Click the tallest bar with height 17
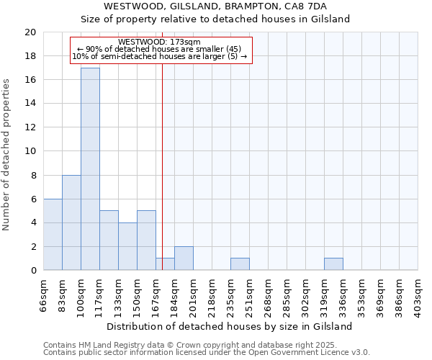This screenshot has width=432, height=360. pyautogui.click(x=90, y=169)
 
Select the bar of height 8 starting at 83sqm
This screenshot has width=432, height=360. pyautogui.click(x=71, y=222)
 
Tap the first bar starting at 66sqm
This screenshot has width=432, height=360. pyautogui.click(x=53, y=235)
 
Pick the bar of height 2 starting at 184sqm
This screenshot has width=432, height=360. pyautogui.click(x=184, y=258)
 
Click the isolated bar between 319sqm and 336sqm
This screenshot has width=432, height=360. pyautogui.click(x=333, y=264)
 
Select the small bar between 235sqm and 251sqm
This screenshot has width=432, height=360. pyautogui.click(x=240, y=264)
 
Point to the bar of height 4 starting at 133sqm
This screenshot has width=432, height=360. pyautogui.click(x=127, y=246)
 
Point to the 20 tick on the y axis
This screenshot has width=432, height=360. pyautogui.click(x=30, y=32)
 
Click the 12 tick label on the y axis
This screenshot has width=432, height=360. pyautogui.click(x=30, y=127)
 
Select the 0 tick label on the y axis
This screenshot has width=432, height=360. pyautogui.click(x=32, y=271)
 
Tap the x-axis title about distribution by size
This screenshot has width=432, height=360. pyautogui.click(x=230, y=327)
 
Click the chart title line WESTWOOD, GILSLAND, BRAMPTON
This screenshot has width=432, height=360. pyautogui.click(x=215, y=6)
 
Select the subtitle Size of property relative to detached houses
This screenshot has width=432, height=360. pyautogui.click(x=215, y=19)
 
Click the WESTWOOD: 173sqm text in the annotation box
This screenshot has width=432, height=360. pyautogui.click(x=160, y=42)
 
